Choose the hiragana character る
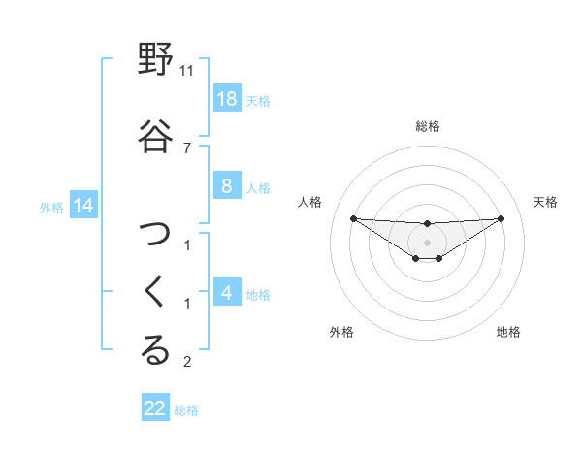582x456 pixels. pyautogui.click(x=155, y=351)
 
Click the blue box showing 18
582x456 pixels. pyautogui.click(x=226, y=99)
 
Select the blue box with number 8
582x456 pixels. pyautogui.click(x=226, y=187)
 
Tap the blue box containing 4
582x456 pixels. pyautogui.click(x=226, y=293)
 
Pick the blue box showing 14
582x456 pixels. pyautogui.click(x=82, y=206)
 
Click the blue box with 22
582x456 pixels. pyautogui.click(x=155, y=408)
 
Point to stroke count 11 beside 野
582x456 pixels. pyautogui.click(x=187, y=71)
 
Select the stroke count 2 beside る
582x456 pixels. pyautogui.click(x=187, y=362)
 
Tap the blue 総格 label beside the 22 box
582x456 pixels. pyautogui.click(x=186, y=409)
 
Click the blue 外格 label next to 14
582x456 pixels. pyautogui.click(x=50, y=207)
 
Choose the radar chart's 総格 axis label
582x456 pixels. pyautogui.click(x=428, y=126)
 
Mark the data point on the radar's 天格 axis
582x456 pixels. pyautogui.click(x=501, y=217)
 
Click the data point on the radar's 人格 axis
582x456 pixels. pyautogui.click(x=353, y=218)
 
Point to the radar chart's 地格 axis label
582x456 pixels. pyautogui.click(x=508, y=332)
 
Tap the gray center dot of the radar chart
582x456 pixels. pyautogui.click(x=428, y=243)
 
